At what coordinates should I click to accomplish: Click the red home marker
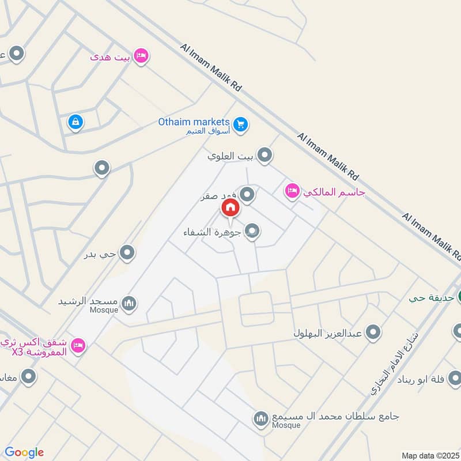[x=230, y=208]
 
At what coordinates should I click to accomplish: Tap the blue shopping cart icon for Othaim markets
[x=241, y=123]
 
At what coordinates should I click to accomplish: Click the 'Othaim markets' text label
[x=194, y=122]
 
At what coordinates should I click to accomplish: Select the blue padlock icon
[x=75, y=122]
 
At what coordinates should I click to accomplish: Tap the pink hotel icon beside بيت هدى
[x=141, y=56]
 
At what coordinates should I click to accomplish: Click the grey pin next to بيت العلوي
[x=264, y=154]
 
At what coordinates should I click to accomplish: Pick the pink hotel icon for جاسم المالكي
[x=292, y=191]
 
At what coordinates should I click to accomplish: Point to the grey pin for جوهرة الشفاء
[x=252, y=232]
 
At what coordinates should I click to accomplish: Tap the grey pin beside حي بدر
[x=127, y=252]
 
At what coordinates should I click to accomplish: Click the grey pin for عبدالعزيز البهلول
[x=374, y=332]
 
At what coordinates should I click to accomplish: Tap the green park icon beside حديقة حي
[x=459, y=298]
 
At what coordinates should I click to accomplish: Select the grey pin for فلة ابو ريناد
[x=455, y=378]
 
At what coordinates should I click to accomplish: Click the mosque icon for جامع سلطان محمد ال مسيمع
[x=261, y=418]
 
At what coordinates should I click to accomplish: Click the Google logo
[x=24, y=452]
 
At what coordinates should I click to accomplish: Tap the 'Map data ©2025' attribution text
[x=429, y=455]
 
